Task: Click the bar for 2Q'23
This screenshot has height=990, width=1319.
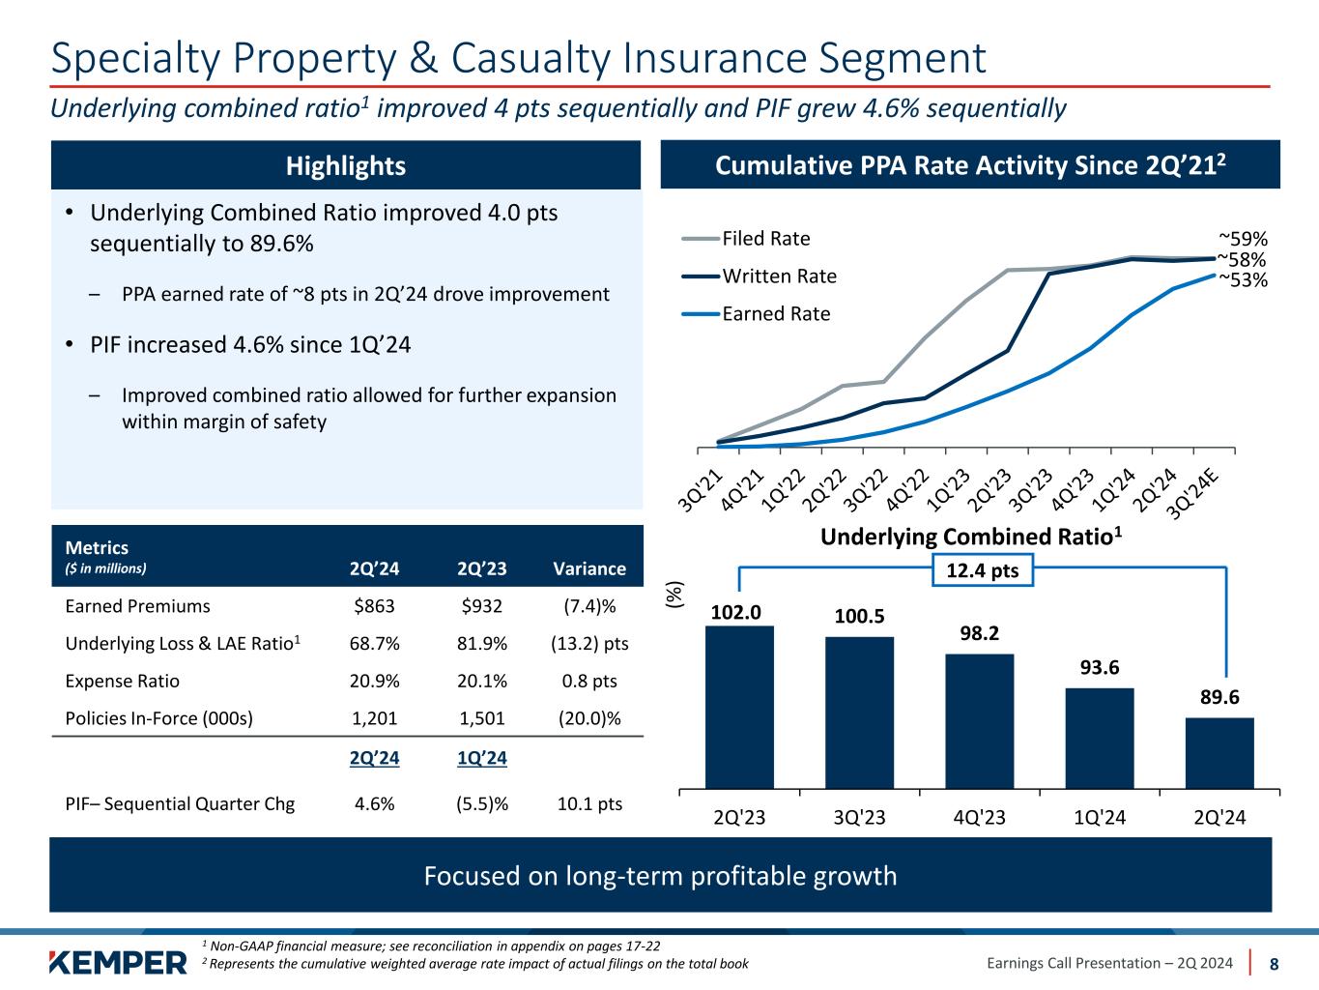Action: (x=739, y=707)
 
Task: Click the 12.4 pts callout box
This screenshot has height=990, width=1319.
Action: (x=983, y=570)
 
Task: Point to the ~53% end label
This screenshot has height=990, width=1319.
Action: (x=1243, y=280)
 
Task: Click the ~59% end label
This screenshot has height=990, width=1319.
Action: (x=1243, y=239)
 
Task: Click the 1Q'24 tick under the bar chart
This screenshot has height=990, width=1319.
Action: (x=1100, y=817)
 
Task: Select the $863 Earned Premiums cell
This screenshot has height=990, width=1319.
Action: (x=374, y=606)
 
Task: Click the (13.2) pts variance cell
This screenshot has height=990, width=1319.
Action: (x=588, y=644)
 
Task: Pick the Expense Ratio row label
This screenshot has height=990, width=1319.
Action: (x=122, y=681)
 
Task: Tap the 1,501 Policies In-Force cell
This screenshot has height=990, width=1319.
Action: (x=482, y=718)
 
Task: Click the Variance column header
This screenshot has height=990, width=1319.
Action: (x=588, y=568)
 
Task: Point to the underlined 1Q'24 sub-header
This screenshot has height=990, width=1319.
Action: (x=482, y=758)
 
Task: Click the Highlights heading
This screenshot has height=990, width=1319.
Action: (x=346, y=166)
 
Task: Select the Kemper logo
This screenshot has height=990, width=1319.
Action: (x=117, y=962)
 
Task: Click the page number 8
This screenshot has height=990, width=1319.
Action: (x=1274, y=963)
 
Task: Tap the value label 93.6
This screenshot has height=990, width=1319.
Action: (x=1100, y=668)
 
